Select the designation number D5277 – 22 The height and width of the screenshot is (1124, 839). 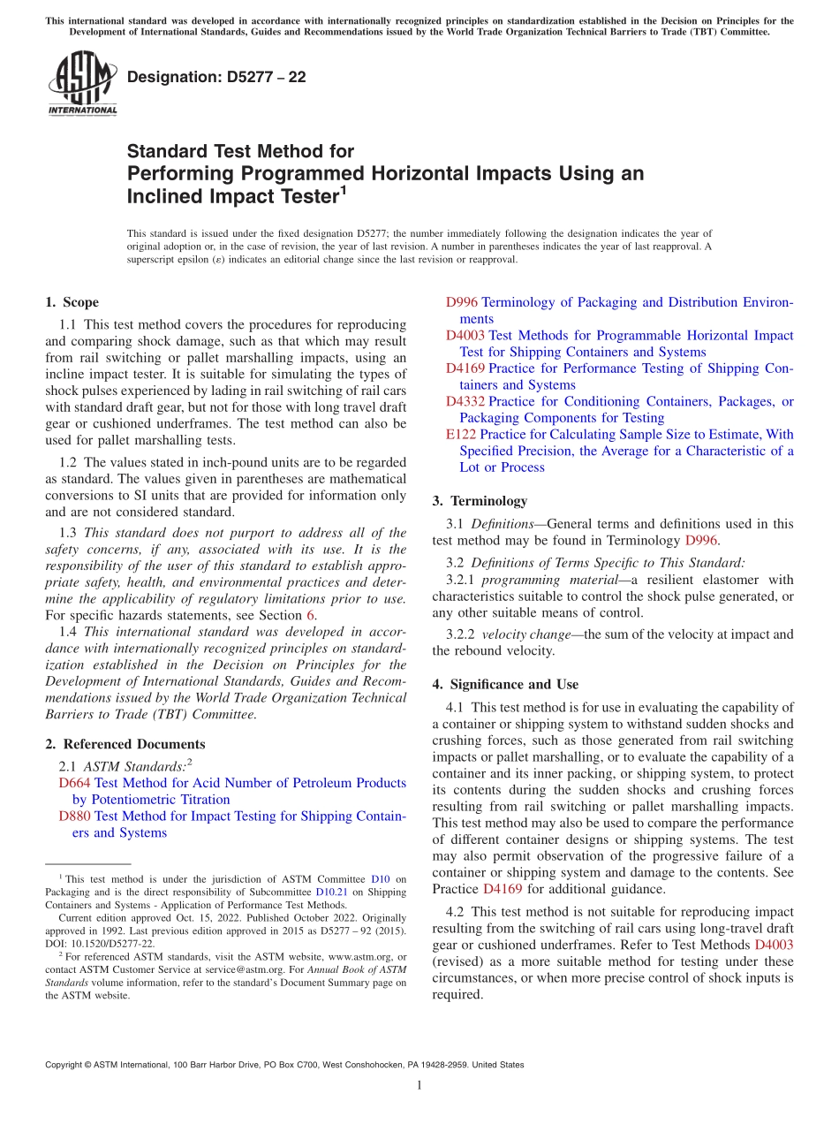pos(216,77)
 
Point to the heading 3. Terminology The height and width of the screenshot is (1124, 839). pos(480,500)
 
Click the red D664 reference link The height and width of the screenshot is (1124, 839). pos(74,783)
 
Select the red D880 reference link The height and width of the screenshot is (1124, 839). pos(74,816)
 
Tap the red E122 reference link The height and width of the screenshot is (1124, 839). pos(461,434)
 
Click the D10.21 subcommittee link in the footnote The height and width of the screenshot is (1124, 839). pos(329,892)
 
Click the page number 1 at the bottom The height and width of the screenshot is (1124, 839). pos(419,1085)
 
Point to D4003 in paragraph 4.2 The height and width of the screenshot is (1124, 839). pos(774,945)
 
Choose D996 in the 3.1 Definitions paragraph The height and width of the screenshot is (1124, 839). pos(701,540)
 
